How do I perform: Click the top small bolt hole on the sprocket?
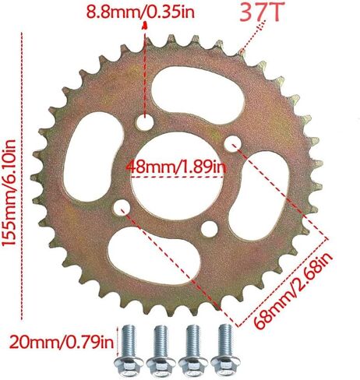point(144,123)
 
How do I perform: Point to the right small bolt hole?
point(231,142)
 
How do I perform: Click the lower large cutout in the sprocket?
point(162,261)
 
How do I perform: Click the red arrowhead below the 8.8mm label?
point(144,27)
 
